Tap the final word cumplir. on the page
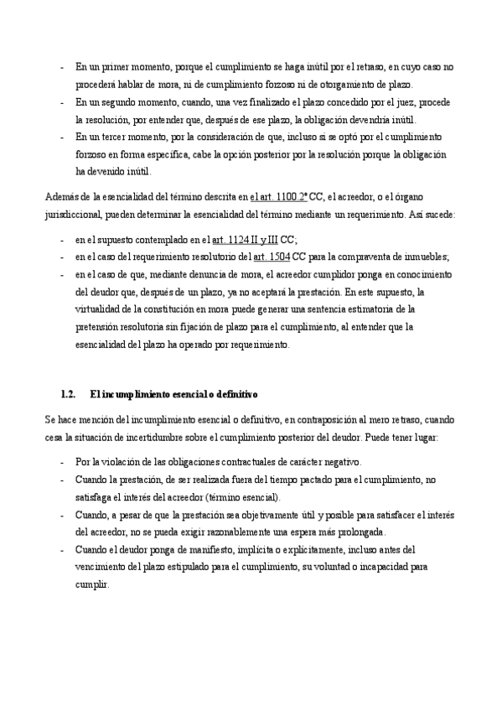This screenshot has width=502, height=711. pyautogui.click(x=92, y=584)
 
